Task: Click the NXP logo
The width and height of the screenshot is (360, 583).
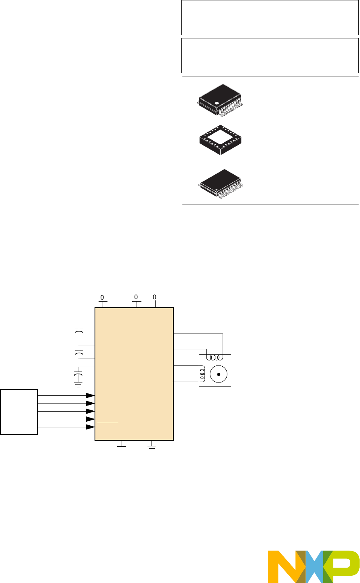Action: pos(314,566)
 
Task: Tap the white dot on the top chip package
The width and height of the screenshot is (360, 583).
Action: pos(217,104)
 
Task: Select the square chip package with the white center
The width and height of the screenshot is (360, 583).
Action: pos(220,140)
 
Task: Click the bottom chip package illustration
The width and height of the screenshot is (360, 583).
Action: pos(221,184)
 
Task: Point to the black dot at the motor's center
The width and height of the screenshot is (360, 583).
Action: pos(219,374)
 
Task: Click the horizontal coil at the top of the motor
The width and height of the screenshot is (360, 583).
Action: pos(215,357)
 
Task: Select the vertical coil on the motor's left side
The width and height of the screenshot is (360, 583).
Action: pos(202,374)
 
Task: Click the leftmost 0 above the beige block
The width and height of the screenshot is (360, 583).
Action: pos(102,297)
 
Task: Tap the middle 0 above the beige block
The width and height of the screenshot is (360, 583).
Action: pos(136,297)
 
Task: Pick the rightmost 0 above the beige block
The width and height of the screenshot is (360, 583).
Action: pos(154,297)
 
